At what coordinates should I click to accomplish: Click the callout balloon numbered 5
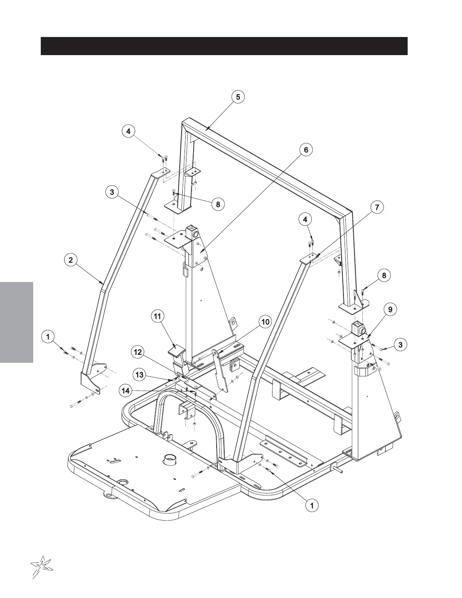tap(238, 97)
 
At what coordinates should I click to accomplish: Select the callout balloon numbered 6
tap(306, 150)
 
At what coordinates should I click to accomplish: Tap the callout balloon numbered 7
tap(377, 207)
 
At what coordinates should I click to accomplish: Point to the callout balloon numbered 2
tap(71, 260)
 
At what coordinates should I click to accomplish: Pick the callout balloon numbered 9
tap(390, 310)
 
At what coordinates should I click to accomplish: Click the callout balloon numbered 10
tap(265, 322)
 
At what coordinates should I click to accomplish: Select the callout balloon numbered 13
tap(140, 375)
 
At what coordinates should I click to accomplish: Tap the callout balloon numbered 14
tap(126, 391)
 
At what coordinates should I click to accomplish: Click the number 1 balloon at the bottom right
tap(312, 505)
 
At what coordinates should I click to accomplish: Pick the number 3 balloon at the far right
tap(400, 344)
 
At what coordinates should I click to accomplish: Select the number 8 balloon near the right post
tap(384, 275)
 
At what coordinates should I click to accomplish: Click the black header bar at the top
tap(224, 46)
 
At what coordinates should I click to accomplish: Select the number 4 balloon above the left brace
tap(128, 131)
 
